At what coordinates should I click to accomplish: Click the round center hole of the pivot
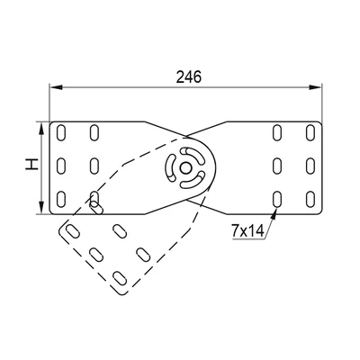click(186, 166)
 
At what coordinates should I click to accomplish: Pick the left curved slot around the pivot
click(173, 168)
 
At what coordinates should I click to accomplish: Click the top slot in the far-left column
click(60, 134)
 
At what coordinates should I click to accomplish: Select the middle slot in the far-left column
click(60, 166)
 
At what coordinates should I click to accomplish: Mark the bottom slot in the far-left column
click(60, 198)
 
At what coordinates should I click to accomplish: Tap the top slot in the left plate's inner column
click(93, 134)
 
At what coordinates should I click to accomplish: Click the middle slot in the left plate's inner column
click(93, 166)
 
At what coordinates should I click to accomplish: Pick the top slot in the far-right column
click(310, 134)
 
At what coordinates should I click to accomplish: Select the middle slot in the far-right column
click(310, 166)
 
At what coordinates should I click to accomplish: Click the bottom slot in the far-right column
click(310, 198)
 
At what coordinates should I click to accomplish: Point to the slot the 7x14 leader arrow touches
click(277, 198)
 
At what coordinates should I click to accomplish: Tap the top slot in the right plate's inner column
click(277, 134)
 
